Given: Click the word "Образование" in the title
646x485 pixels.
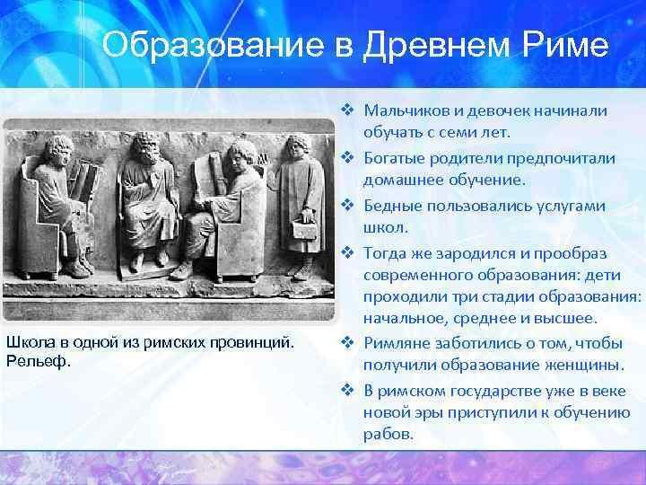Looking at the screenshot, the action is pyautogui.click(x=214, y=45).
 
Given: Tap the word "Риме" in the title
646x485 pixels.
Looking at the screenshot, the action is pyautogui.click(x=565, y=45).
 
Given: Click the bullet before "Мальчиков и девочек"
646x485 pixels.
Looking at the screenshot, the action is pyautogui.click(x=348, y=110).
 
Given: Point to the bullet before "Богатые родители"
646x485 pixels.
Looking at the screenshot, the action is pyautogui.click(x=348, y=157).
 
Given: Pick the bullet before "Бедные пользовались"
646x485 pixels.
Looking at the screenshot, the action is pyautogui.click(x=348, y=205).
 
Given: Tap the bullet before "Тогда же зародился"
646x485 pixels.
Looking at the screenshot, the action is pyautogui.click(x=348, y=252).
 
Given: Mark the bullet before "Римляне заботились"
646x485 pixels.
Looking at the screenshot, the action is pyautogui.click(x=348, y=342).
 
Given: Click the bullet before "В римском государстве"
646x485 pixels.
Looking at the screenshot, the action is pyautogui.click(x=348, y=390).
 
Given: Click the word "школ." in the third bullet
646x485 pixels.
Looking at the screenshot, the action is pyautogui.click(x=386, y=227).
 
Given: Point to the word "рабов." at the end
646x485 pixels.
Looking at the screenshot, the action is pyautogui.click(x=388, y=434).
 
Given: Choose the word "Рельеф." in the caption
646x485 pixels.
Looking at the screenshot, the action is pyautogui.click(x=39, y=361).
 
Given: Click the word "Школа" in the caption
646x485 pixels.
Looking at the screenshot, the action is pyautogui.click(x=31, y=342).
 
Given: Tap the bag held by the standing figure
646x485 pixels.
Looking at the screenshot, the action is pyautogui.click(x=304, y=229).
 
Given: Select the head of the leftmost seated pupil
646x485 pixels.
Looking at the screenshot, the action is pyautogui.click(x=59, y=150).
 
